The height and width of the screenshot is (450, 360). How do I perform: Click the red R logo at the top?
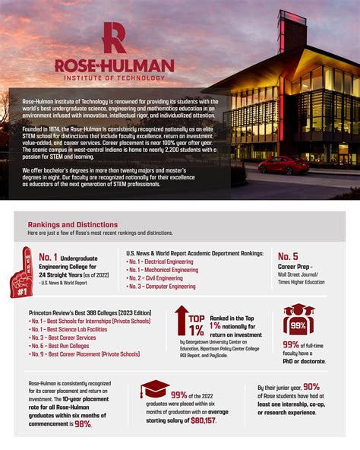(x=114, y=38)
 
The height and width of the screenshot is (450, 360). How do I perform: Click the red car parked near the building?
(x=283, y=165)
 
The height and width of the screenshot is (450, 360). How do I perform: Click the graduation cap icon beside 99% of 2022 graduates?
(x=154, y=389)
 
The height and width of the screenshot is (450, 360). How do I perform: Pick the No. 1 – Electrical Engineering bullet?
(x=161, y=261)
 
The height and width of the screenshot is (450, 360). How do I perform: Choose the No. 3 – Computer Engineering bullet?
(x=163, y=287)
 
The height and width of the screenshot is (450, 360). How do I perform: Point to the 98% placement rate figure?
(x=83, y=423)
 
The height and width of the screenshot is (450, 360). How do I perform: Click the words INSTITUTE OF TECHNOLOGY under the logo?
(x=114, y=78)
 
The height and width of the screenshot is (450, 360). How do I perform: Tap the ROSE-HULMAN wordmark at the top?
(x=114, y=66)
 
